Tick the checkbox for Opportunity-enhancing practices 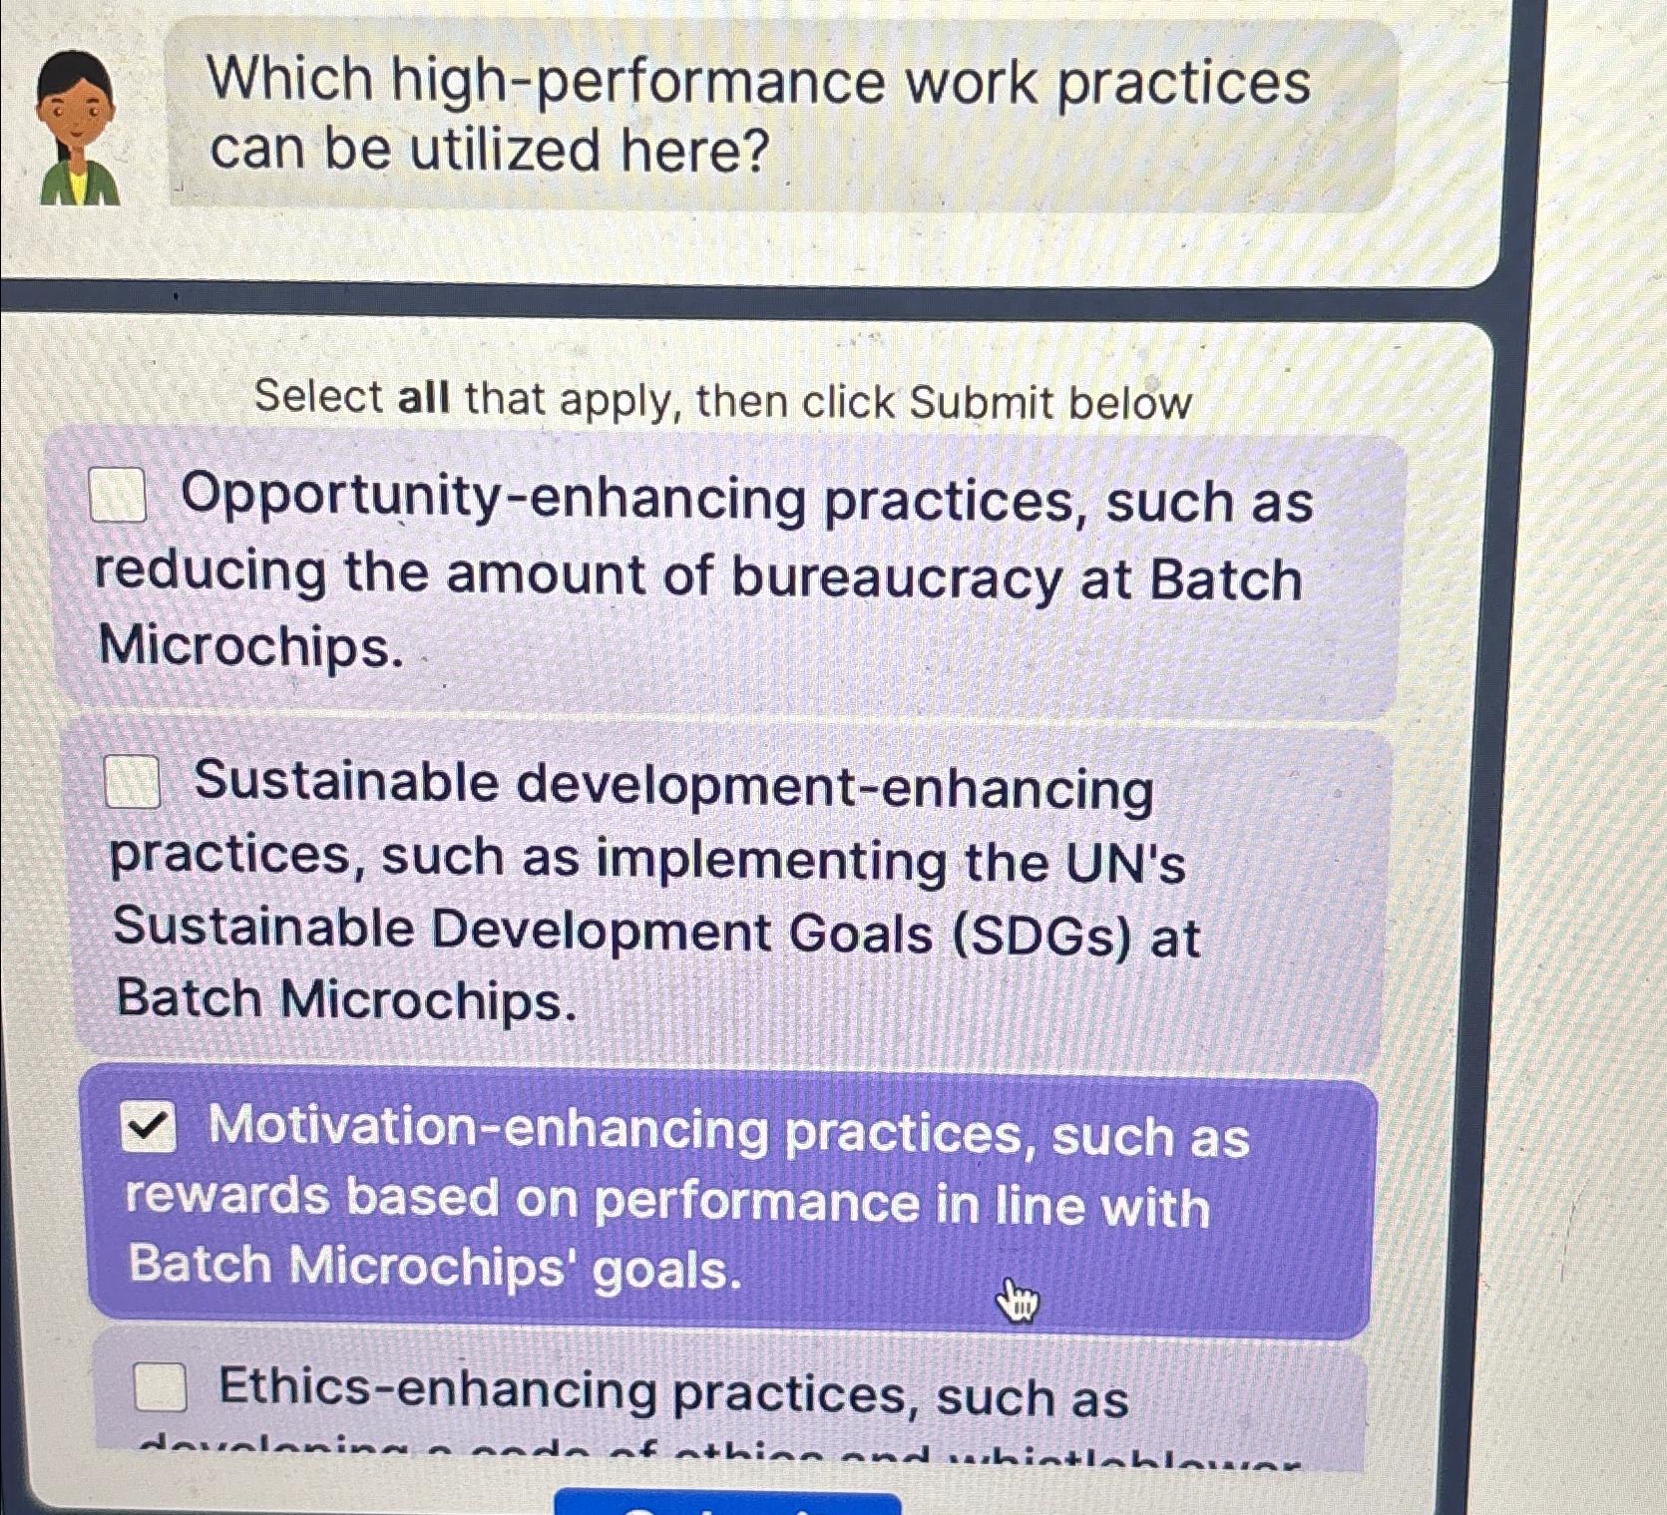[x=118, y=495]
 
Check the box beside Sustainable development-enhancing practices [x=132, y=781]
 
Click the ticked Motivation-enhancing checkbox [x=149, y=1127]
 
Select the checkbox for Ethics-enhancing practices [x=161, y=1386]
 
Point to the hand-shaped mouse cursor [x=1017, y=1301]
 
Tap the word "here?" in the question [x=695, y=152]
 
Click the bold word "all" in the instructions [x=423, y=398]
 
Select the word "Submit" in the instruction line [x=982, y=403]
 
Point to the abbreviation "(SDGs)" [x=1042, y=935]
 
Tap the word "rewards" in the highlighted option [x=226, y=1196]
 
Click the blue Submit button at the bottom [x=727, y=1503]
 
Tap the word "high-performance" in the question [x=637, y=82]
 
